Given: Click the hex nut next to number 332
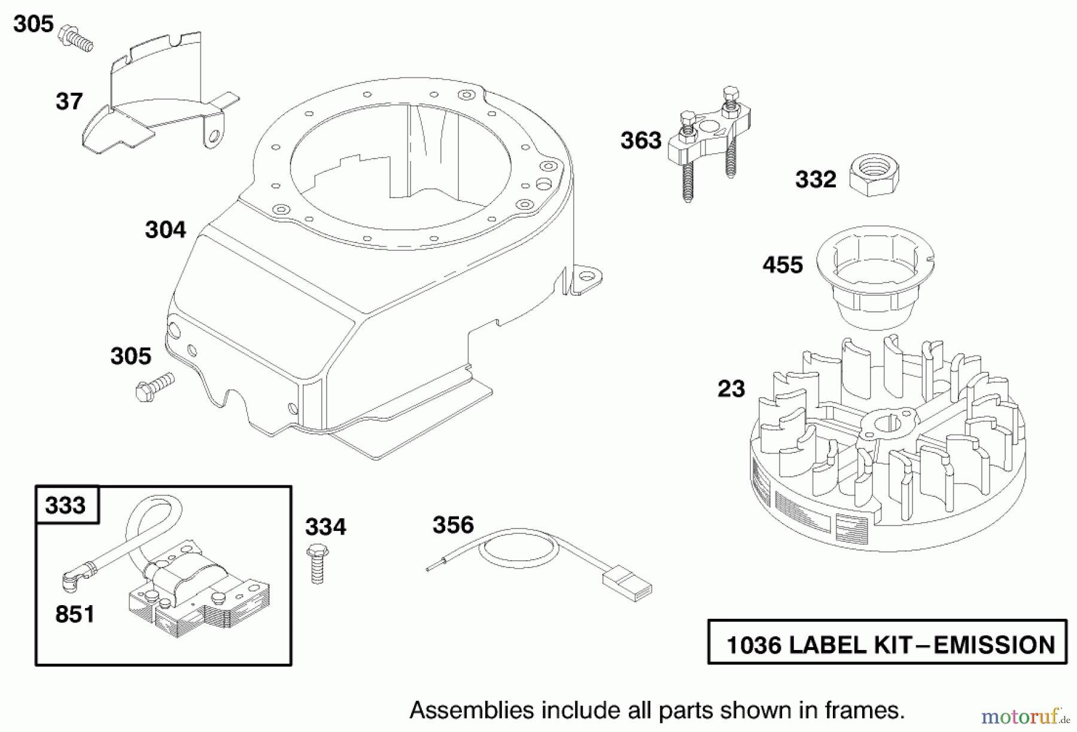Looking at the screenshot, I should (875, 175).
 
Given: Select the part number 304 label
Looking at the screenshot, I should (165, 230).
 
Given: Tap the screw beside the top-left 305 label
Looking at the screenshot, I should (77, 37).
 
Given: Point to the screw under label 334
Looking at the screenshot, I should (317, 563).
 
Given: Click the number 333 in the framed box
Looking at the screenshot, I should (66, 505).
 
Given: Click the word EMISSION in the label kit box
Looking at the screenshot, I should (994, 645).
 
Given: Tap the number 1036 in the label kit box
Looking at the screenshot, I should (754, 645).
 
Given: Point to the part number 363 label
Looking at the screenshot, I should (641, 141).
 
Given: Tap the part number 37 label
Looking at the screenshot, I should (69, 102).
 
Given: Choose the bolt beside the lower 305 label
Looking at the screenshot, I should (153, 385).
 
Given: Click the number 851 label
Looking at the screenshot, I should (75, 615).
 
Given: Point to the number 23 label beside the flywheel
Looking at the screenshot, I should (731, 389).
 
